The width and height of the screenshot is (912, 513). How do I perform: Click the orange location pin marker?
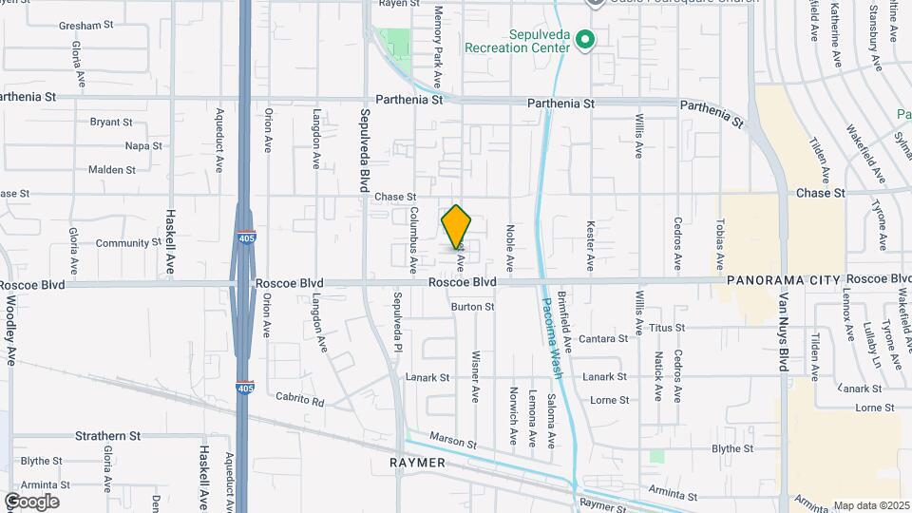[x=456, y=227]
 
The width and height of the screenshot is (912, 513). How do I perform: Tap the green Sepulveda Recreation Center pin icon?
[x=585, y=40]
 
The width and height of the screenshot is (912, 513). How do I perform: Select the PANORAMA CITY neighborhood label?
[x=784, y=281]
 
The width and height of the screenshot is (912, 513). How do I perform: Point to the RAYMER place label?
[x=418, y=462]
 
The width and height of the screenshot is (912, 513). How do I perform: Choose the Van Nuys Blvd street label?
[x=785, y=351]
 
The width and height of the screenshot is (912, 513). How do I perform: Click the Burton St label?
[x=472, y=307]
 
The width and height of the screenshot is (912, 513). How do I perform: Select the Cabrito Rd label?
[x=300, y=401]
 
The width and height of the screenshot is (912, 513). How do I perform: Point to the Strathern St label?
[x=107, y=436]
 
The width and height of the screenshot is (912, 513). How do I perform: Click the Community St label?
[x=123, y=243]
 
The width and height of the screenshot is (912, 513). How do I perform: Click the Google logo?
[x=31, y=501]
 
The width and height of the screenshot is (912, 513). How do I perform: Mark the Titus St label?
[x=667, y=328]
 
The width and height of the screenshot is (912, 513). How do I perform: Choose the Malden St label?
[x=112, y=170]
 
